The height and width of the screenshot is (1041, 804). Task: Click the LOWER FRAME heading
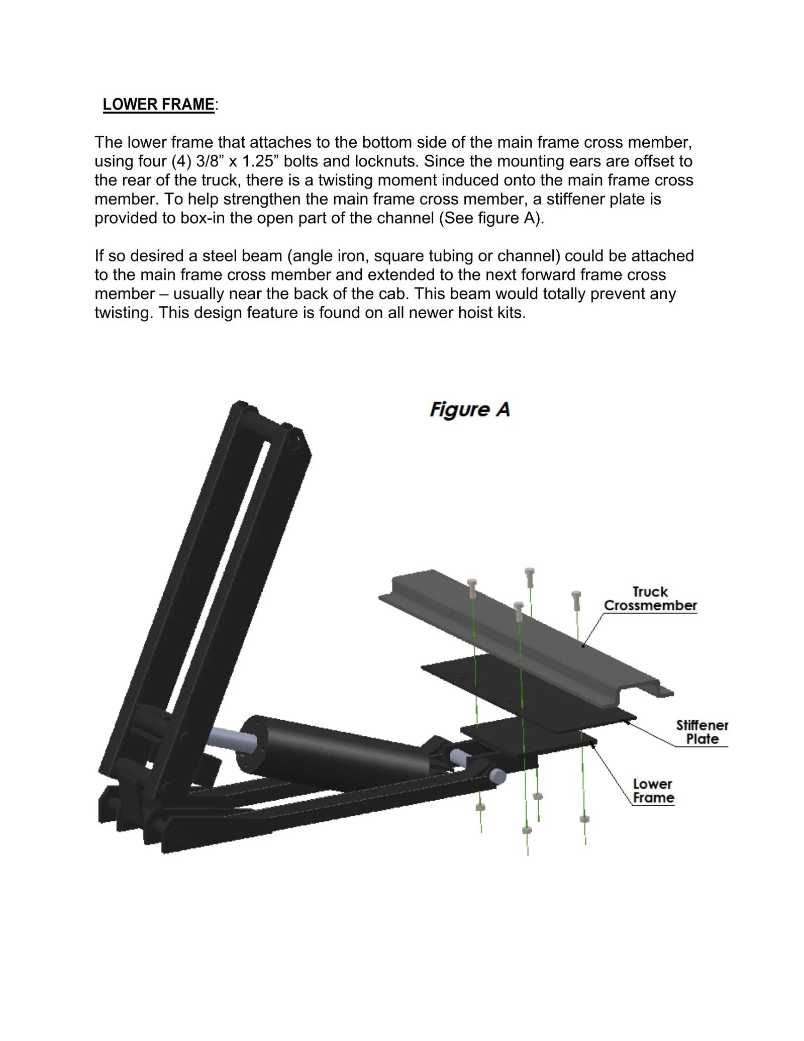pos(158,104)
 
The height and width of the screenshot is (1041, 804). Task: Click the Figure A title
pos(469,410)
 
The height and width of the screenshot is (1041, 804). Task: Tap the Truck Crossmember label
pos(650,599)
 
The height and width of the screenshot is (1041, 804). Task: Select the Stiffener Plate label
pos(701,732)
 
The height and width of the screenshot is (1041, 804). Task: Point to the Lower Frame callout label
pos(653,791)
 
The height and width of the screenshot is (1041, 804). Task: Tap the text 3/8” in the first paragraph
pos(206,161)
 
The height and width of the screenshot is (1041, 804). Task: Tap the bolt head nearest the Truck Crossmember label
pos(576,596)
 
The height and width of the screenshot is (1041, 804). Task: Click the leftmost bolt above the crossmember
pos(472,584)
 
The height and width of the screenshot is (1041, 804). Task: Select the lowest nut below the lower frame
pos(527,829)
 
